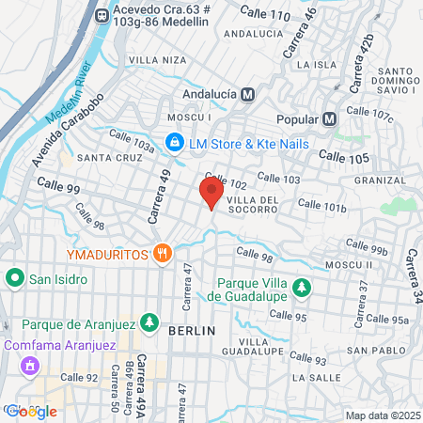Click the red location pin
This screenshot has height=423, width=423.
click(x=211, y=193)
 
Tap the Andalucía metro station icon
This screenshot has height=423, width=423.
click(x=248, y=94)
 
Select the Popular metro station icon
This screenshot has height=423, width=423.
click(x=329, y=119)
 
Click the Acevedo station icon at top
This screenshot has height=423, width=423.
click(x=102, y=15)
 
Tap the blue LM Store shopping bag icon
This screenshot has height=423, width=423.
click(x=173, y=143)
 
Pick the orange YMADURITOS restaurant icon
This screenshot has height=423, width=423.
click(x=164, y=253)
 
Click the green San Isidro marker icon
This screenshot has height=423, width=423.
click(x=15, y=279)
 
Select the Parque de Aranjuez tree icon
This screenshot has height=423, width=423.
click(x=149, y=321)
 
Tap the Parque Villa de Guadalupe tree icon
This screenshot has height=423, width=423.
click(x=301, y=287)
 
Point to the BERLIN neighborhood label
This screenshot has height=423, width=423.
click(x=192, y=331)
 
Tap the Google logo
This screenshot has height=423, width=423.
click(x=31, y=411)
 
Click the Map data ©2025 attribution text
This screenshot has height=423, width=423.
click(x=382, y=415)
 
